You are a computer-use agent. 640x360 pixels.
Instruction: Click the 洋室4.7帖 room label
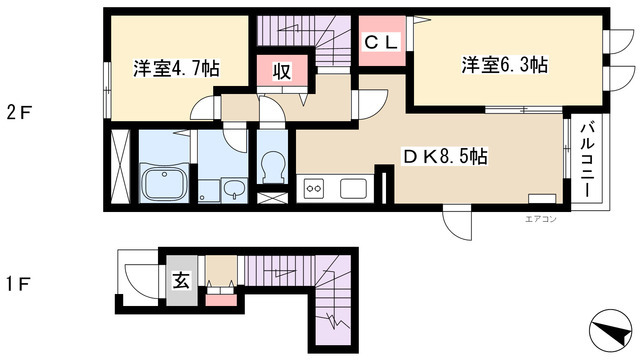176,68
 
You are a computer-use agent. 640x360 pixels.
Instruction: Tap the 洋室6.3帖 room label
504,65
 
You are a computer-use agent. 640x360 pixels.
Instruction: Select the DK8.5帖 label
445,156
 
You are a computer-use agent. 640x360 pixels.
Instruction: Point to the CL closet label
381,42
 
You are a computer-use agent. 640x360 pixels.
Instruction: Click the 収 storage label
282,72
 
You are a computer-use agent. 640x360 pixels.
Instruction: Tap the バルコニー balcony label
588,160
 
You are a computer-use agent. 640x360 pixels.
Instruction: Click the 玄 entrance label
181,281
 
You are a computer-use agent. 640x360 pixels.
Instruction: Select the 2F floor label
19,113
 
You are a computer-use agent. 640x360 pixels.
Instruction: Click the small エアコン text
540,220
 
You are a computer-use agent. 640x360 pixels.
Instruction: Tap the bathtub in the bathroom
164,183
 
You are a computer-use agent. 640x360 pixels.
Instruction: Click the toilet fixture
273,167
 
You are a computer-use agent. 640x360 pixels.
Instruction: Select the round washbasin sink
234,189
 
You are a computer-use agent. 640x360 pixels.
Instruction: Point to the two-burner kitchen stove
314,189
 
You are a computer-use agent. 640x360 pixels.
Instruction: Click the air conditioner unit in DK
542,199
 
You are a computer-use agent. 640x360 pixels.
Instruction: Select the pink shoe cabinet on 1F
221,300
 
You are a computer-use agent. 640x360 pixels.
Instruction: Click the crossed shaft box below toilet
273,198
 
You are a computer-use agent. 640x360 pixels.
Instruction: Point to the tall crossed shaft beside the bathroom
120,167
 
